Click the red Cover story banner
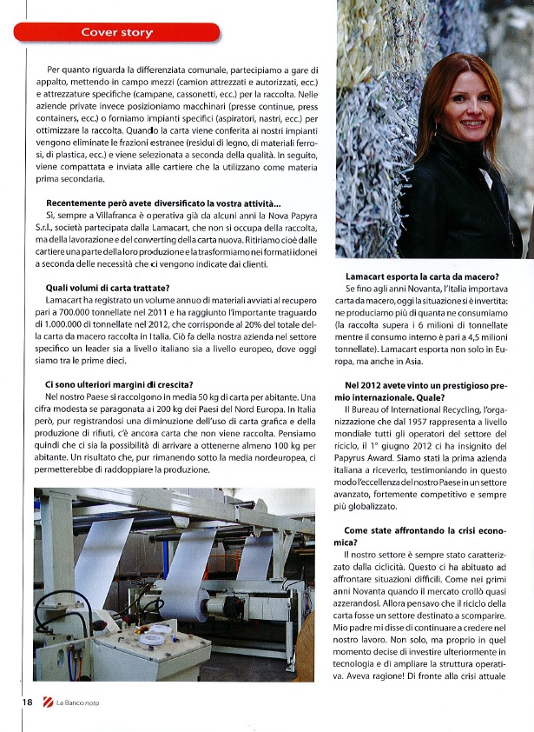point(116,33)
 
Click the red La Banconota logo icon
point(47,702)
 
